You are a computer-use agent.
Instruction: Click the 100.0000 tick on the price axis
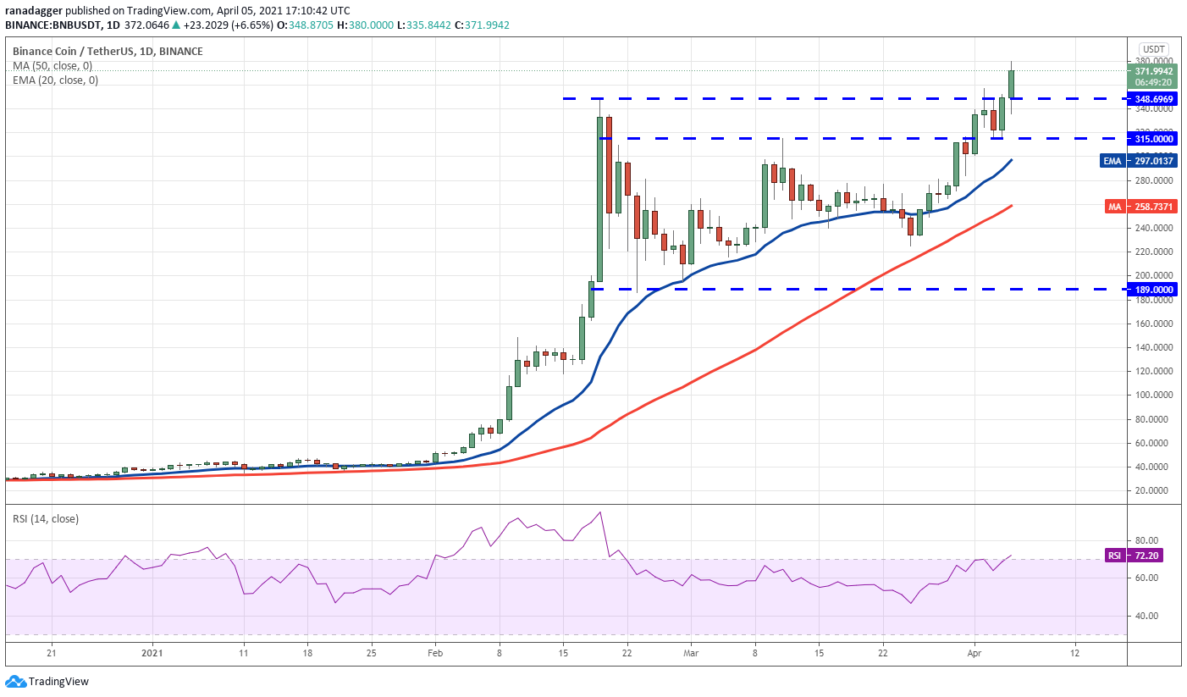pos(1152,396)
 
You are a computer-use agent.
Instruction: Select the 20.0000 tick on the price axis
pos(1152,490)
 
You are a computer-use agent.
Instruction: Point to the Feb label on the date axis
pos(435,653)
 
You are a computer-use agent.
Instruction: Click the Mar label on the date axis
pos(691,653)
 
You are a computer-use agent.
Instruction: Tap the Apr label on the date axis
pos(974,653)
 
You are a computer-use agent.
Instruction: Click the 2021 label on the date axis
pos(152,653)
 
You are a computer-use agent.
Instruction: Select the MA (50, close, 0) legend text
pos(52,66)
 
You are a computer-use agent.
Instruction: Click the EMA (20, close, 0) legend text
pos(55,80)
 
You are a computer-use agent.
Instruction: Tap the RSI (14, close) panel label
pos(46,519)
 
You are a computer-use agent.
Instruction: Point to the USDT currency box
pos(1154,48)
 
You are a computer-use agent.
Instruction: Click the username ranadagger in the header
pos(33,10)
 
